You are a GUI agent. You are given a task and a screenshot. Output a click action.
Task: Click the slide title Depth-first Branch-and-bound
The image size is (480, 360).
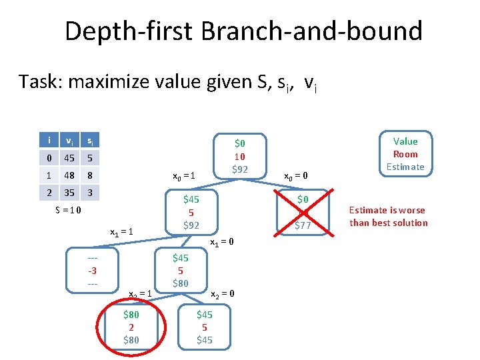(243, 31)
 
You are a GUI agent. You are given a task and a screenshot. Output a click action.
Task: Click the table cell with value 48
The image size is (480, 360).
(68, 175)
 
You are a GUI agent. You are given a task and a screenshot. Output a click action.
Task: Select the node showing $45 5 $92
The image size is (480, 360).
(191, 211)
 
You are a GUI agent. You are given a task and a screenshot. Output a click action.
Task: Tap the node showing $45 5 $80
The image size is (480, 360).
(180, 270)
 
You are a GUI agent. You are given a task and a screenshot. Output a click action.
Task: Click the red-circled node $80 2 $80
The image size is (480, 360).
(131, 327)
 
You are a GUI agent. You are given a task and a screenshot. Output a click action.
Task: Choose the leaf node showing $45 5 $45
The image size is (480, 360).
(204, 327)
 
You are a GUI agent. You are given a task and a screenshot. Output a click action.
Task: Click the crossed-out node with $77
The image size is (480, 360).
(303, 213)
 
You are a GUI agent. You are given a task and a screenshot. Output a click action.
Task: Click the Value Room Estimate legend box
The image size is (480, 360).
(405, 154)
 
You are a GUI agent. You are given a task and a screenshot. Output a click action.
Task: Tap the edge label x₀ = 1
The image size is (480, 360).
(183, 176)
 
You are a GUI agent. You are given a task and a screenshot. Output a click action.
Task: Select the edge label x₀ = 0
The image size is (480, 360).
(296, 176)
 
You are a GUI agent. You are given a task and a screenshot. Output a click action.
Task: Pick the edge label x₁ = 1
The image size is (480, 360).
(122, 232)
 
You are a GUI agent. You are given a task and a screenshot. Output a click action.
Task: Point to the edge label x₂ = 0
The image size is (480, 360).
(223, 294)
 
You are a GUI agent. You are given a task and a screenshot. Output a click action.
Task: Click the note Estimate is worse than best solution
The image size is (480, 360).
(388, 216)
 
